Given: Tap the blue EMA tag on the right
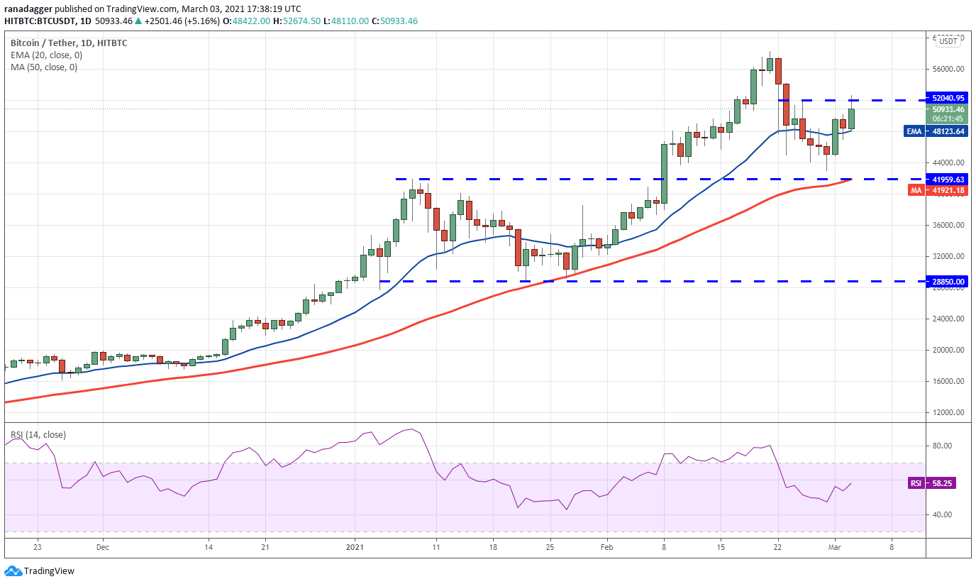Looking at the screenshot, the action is [914, 131].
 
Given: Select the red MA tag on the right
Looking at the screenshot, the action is [916, 190].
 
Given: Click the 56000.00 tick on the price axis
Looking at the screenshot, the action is [948, 69].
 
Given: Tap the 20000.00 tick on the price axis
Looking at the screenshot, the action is [948, 350].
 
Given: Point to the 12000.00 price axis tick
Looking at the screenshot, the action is [948, 412].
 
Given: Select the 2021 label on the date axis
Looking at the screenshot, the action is [355, 547].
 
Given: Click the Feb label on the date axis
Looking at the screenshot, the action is [606, 547].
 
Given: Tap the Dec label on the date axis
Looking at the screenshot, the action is [103, 547].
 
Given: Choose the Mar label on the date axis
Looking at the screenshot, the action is [834, 547].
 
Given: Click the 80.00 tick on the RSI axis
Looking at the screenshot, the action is [941, 446].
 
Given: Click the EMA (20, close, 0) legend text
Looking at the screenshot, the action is [47, 55].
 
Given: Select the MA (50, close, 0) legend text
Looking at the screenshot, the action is [44, 67].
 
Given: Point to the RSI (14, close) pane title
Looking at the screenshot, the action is [38, 435].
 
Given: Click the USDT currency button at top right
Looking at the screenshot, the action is [948, 41].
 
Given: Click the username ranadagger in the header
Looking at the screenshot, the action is [28, 9].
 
